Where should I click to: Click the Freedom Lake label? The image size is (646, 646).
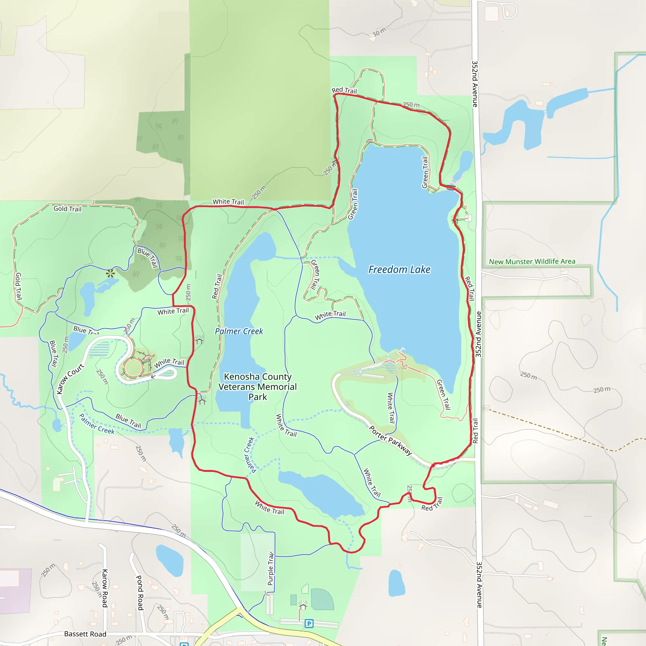click(399, 269)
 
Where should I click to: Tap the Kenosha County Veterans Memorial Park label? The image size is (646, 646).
click(257, 387)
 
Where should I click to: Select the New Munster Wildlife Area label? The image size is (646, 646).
click(532, 261)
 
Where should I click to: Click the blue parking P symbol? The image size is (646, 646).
click(309, 624)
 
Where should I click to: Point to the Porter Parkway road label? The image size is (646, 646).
click(390, 440)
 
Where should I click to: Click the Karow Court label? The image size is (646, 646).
click(70, 379)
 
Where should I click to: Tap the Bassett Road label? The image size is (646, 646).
click(85, 634)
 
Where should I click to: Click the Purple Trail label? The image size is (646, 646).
click(271, 569)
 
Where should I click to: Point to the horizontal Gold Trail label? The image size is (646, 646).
click(68, 208)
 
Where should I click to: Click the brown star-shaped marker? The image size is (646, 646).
click(110, 273)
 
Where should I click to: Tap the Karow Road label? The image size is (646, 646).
click(105, 588)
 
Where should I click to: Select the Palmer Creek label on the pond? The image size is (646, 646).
click(239, 331)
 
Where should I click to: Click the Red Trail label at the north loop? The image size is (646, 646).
click(344, 90)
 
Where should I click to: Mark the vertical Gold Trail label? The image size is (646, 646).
click(18, 286)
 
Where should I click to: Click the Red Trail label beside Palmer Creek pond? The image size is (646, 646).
click(217, 286)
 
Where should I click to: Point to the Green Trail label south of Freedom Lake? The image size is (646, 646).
click(444, 395)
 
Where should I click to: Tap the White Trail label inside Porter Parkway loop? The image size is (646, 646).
click(391, 408)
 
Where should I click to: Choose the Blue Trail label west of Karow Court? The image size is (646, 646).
click(54, 354)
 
